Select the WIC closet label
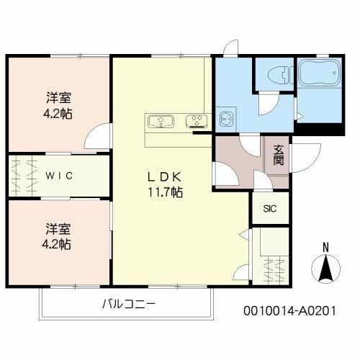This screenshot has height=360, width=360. coord(60,176)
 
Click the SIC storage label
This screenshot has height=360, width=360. coord(270,209)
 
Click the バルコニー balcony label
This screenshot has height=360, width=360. coord(127,303)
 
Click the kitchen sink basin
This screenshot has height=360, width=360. coord(160,120)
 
